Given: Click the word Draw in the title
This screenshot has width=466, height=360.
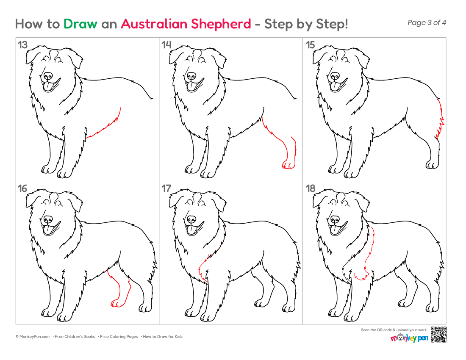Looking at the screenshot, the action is pos(80,24).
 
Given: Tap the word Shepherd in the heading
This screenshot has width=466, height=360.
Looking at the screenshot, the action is pos(221,24).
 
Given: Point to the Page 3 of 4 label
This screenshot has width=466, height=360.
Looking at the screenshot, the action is pos(427,22).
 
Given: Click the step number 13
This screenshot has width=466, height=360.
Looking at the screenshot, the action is pos(22,45).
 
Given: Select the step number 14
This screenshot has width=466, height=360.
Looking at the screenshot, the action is pos(166,45).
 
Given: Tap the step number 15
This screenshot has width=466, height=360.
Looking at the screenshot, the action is pos(310,45).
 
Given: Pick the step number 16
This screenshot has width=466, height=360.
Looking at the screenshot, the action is pos(22,188).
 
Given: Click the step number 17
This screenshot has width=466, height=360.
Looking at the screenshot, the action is pos(166,188).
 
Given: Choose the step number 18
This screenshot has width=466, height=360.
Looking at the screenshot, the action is pos(311,188).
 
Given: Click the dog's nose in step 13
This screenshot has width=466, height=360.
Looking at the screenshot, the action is pos(47,76).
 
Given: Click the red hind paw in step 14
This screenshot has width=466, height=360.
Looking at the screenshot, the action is pos(288,165).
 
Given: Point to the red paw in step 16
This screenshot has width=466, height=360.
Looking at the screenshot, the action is pos(116,303).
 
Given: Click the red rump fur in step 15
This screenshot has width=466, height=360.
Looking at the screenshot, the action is pos(440,119).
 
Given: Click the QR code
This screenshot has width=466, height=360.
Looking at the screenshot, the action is pos(439,335).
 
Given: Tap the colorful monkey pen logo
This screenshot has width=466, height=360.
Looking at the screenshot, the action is pos(409,338).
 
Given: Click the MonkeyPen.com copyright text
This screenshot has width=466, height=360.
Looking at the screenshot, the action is pos(33,337).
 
